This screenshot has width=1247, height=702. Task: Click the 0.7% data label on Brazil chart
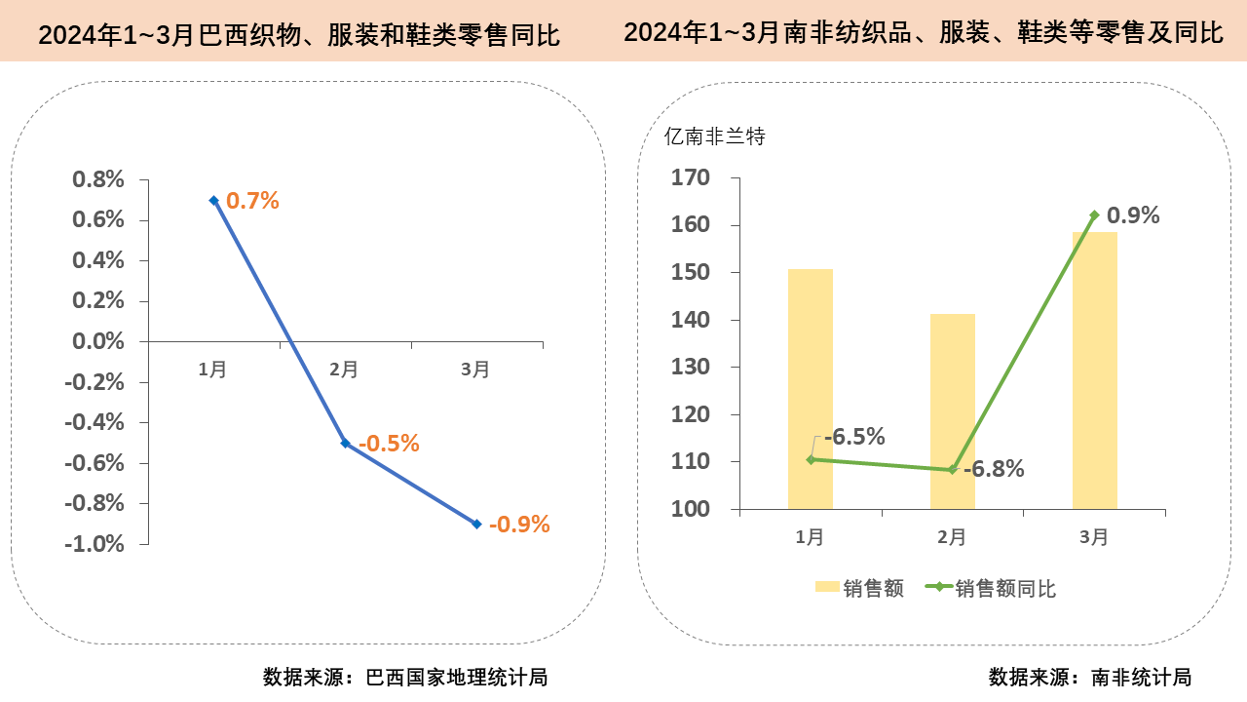[252, 201]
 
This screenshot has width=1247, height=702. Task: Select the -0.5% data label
[389, 444]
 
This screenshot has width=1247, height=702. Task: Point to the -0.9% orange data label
[519, 525]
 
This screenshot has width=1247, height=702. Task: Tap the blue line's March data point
[476, 524]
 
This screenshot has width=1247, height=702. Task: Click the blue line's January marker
[213, 200]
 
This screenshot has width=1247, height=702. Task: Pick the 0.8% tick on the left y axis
[98, 179]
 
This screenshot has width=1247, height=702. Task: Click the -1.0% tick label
[94, 544]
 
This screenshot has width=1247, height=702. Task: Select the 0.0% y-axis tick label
[98, 341]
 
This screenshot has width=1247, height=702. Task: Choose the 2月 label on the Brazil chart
[344, 370]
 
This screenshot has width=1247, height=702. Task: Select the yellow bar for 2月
[952, 410]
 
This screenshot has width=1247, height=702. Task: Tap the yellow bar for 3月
[1094, 370]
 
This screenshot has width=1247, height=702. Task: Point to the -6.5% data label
[854, 436]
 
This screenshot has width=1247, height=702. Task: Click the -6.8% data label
[994, 469]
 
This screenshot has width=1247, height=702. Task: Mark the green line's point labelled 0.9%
[1094, 214]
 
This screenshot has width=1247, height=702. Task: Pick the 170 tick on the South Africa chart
[691, 177]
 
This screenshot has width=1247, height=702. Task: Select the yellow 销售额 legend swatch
[826, 588]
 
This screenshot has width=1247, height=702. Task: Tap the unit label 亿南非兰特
[714, 136]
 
